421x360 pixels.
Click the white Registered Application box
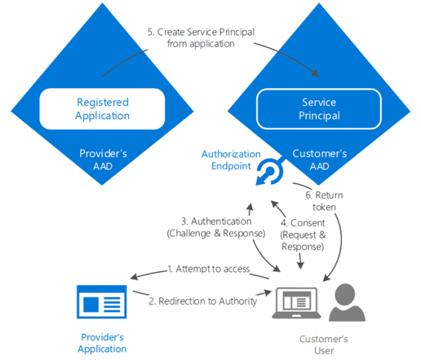(102, 109)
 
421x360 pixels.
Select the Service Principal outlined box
(319, 109)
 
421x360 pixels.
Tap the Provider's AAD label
(103, 160)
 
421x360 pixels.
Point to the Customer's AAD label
(320, 160)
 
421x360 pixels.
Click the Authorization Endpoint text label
(231, 160)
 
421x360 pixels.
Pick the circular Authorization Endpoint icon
(269, 172)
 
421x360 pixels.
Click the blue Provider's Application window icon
(101, 302)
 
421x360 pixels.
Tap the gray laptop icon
(296, 303)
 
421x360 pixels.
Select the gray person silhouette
(347, 302)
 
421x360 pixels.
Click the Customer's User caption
(324, 345)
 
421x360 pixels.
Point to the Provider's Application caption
(102, 342)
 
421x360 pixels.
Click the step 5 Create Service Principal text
(201, 38)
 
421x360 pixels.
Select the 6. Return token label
(325, 201)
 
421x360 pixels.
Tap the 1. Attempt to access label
(209, 269)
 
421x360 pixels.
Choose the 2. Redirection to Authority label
(203, 301)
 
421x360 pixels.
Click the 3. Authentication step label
(216, 227)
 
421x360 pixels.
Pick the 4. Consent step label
(303, 235)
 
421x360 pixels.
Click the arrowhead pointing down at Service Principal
(315, 73)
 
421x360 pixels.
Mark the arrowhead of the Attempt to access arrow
(134, 277)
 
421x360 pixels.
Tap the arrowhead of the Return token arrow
(326, 278)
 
